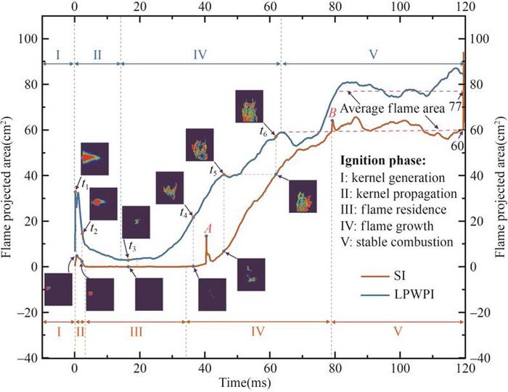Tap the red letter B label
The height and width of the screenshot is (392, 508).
[x=331, y=112]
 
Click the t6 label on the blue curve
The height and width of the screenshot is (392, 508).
[x=263, y=131]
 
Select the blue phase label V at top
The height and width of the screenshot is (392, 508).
[x=374, y=54]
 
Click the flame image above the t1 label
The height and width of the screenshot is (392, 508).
[x=94, y=157]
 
